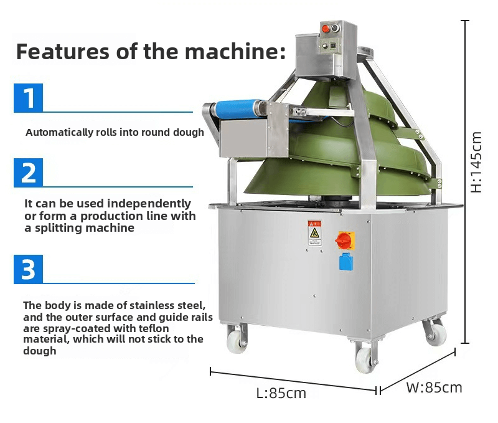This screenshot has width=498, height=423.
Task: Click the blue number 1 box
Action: [x=29, y=98]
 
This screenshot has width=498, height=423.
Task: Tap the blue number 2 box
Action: [x=29, y=173]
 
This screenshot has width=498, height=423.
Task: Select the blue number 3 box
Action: [x=29, y=270]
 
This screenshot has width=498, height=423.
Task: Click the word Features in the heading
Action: [x=65, y=51]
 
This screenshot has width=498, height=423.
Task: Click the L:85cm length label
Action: [x=281, y=394]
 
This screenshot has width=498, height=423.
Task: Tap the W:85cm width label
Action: [x=434, y=387]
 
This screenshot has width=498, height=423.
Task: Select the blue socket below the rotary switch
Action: [x=346, y=261]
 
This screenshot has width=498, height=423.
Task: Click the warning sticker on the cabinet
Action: [x=315, y=232]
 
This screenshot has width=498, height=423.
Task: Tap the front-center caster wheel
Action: [x=365, y=359]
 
